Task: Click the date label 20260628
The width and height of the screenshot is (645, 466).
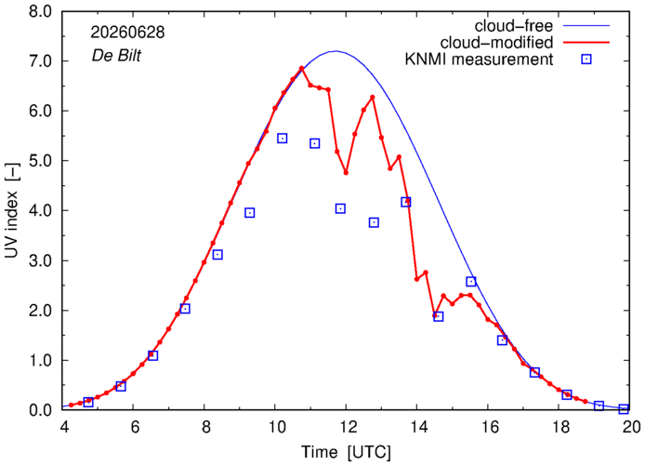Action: (127, 33)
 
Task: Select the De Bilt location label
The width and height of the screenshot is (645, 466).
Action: (116, 55)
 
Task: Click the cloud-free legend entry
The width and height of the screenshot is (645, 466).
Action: (514, 26)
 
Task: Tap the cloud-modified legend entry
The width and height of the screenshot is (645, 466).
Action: (496, 43)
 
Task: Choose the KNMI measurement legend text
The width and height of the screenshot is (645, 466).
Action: (479, 60)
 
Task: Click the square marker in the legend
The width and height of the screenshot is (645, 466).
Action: (586, 60)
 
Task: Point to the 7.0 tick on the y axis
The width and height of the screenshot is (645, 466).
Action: (41, 61)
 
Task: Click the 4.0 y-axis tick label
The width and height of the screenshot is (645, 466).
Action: (41, 211)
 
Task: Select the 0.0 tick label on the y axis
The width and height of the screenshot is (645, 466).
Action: (41, 410)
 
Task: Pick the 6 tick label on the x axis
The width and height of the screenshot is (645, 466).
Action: (136, 427)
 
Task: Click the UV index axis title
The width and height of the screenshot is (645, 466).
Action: (12, 225)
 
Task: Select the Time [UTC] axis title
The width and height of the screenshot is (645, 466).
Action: (347, 452)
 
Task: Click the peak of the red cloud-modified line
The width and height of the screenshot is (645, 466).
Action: (301, 68)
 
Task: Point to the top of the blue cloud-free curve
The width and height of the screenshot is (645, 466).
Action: (336, 51)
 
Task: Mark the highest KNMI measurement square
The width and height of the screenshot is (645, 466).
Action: (283, 139)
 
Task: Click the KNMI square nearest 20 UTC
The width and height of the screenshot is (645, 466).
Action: (624, 408)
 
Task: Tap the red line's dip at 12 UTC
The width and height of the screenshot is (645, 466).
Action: (346, 172)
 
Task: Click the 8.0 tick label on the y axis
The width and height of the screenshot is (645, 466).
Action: (41, 11)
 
